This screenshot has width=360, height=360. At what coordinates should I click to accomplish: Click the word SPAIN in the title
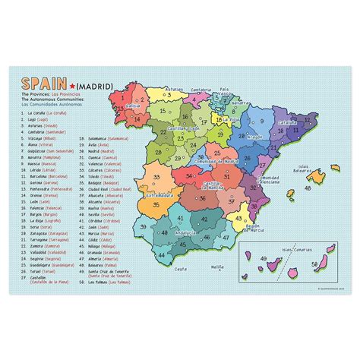41,83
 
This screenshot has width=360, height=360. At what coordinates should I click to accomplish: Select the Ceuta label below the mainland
180,268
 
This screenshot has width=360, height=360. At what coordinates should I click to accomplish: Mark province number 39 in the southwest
141,225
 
